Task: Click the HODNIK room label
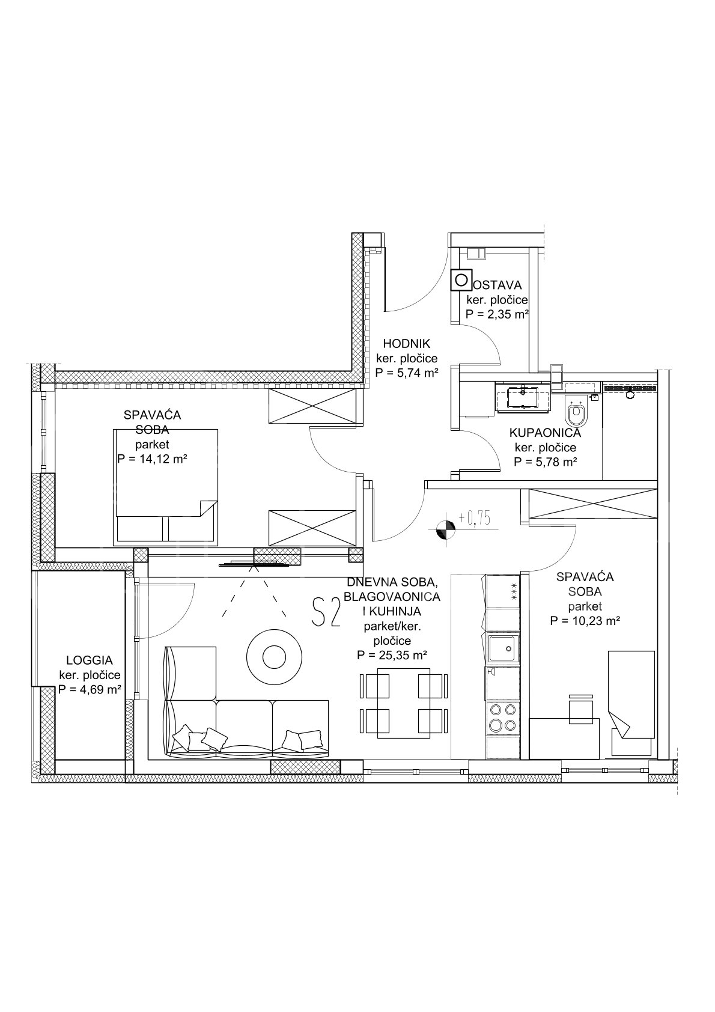(x=407, y=344)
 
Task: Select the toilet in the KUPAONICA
(x=576, y=411)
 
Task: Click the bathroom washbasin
(x=523, y=398)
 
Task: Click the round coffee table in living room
(x=274, y=654)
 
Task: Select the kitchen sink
(x=503, y=649)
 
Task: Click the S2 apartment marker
(x=326, y=611)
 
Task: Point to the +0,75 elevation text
(x=475, y=518)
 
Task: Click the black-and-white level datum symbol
(x=445, y=529)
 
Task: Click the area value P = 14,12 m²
(x=152, y=460)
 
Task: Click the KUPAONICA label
(x=545, y=433)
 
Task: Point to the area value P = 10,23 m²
(x=585, y=621)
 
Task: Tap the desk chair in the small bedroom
(x=581, y=712)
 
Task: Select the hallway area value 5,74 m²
(x=407, y=373)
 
